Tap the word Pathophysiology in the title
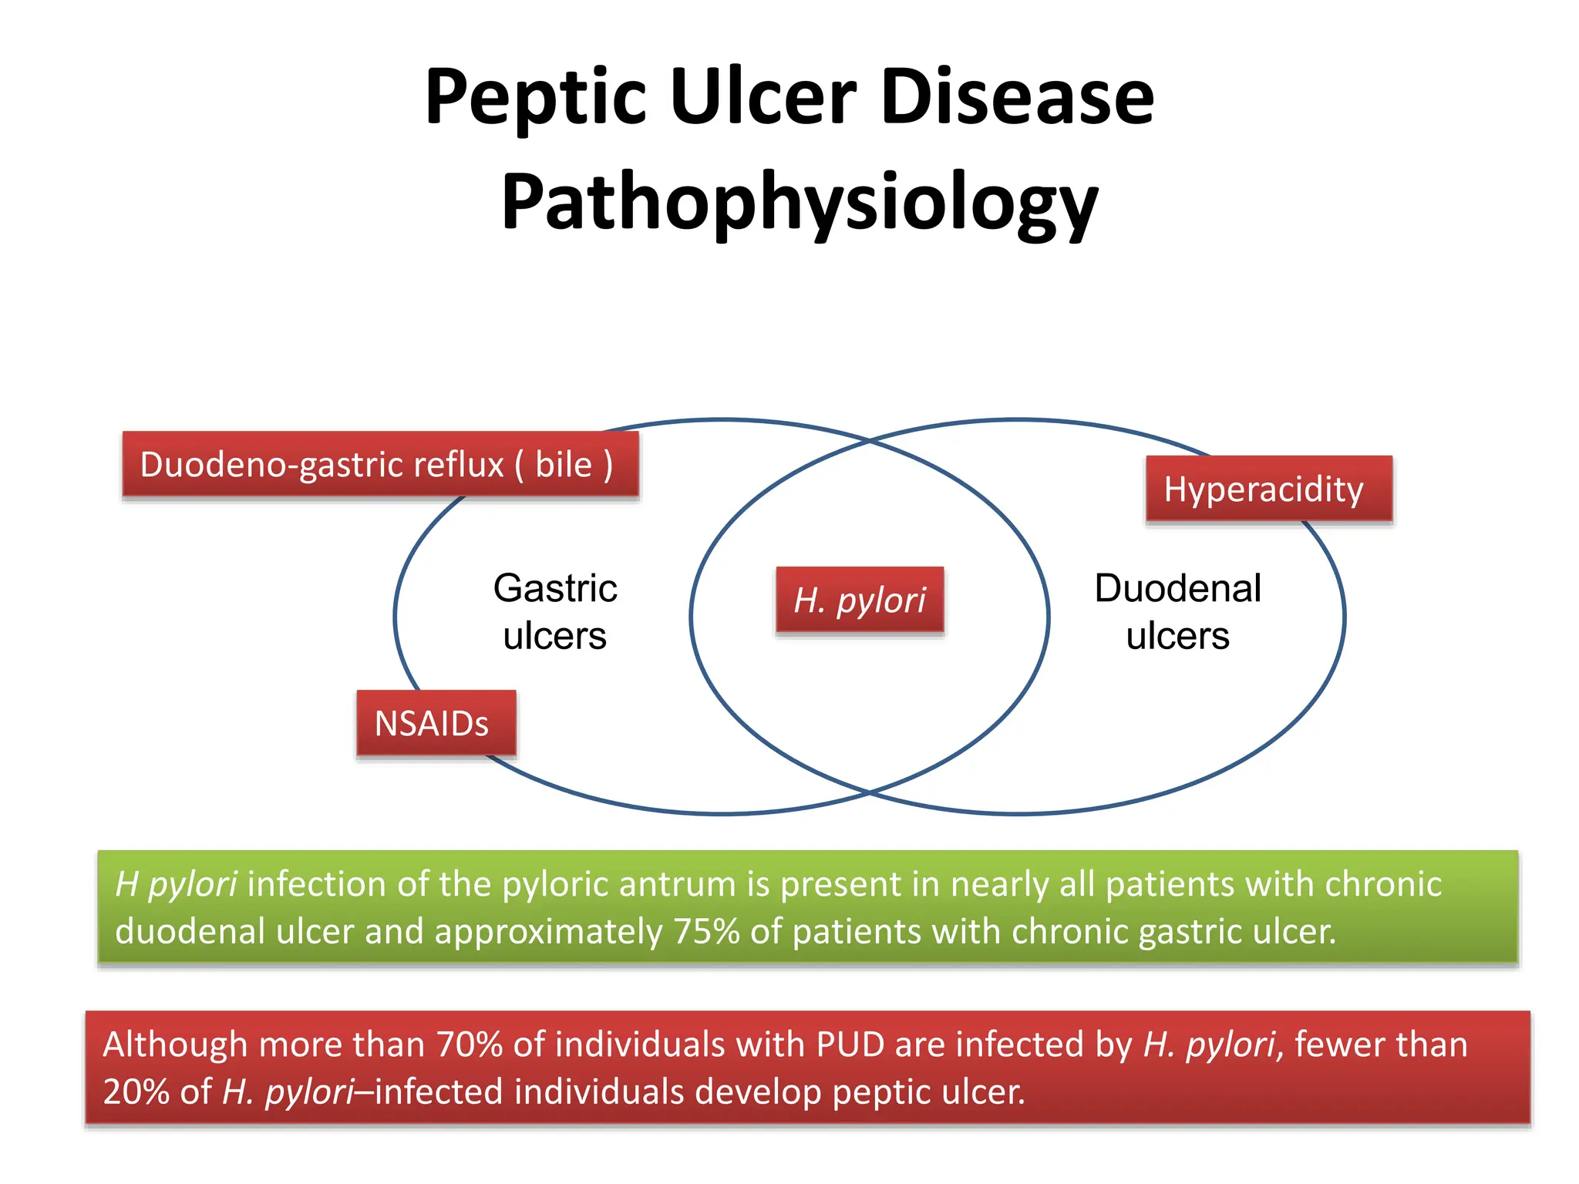click(x=800, y=203)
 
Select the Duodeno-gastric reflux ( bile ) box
click(x=380, y=464)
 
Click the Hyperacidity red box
click(x=1268, y=489)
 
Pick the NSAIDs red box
click(x=436, y=723)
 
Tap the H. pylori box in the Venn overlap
click(x=860, y=600)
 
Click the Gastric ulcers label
click(x=555, y=611)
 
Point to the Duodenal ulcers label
click(x=1177, y=611)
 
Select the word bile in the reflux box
click(x=564, y=464)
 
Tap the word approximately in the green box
click(x=548, y=931)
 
